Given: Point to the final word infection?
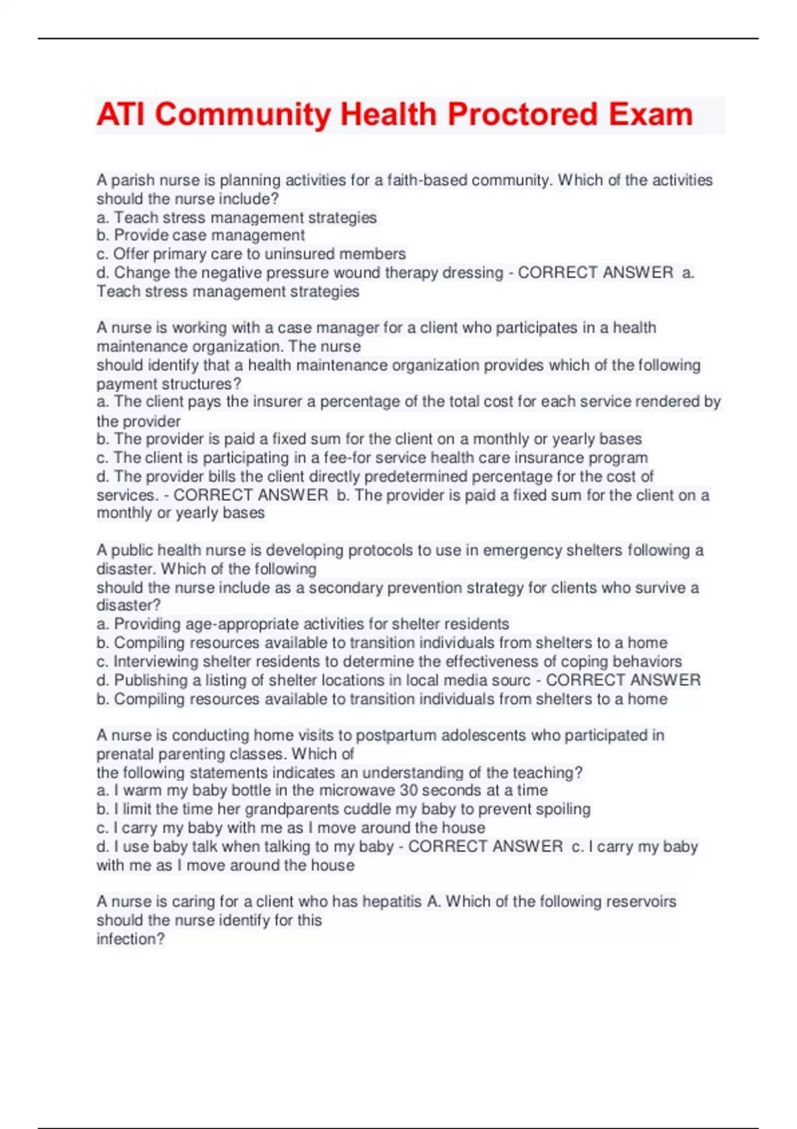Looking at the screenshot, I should pyautogui.click(x=130, y=939).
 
